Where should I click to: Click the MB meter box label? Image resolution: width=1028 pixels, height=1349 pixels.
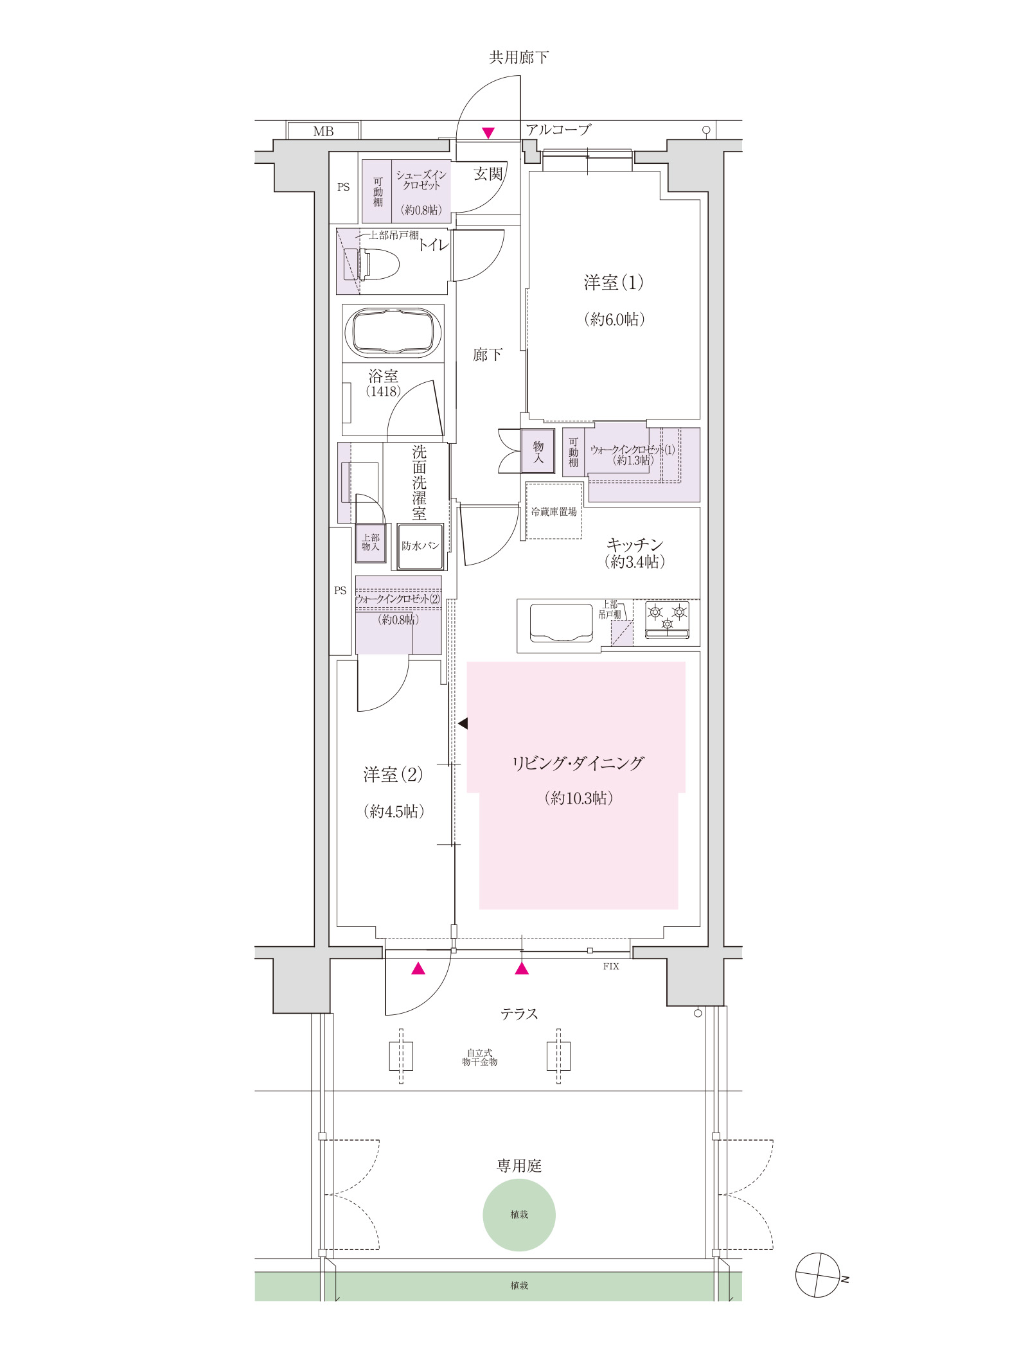coord(323,132)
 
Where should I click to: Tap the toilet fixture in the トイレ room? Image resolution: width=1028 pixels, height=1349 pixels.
coord(371,264)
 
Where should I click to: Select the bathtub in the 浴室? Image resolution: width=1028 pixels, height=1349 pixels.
coord(393,333)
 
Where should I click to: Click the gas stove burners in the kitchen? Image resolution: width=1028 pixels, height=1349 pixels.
coord(667,620)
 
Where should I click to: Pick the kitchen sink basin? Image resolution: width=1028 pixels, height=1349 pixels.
coord(561,622)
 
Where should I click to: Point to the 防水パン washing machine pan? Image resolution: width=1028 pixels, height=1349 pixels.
coord(420,546)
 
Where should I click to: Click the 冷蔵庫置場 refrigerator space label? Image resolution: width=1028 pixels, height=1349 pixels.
coord(554,512)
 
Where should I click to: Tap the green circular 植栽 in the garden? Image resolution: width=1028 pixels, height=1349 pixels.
coord(519,1215)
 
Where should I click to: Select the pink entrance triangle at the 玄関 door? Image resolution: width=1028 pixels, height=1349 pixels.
coord(488,133)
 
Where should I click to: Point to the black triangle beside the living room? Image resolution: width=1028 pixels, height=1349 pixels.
coord(463,724)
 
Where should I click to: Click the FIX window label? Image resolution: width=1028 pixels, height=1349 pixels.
coord(611,966)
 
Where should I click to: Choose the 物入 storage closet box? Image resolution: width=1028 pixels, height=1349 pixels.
coord(538,452)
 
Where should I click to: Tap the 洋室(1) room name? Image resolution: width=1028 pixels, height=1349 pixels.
coord(614,283)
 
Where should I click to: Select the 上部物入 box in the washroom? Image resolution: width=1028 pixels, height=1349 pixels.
coord(371,543)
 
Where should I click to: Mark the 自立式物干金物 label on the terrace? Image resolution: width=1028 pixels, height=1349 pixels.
coord(480,1057)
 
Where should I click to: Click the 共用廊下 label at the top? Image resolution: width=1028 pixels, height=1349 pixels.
coord(519,58)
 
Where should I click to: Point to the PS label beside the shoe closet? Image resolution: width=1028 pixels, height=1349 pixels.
coord(344,187)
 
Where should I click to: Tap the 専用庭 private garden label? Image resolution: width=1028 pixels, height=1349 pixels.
coord(519,1166)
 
